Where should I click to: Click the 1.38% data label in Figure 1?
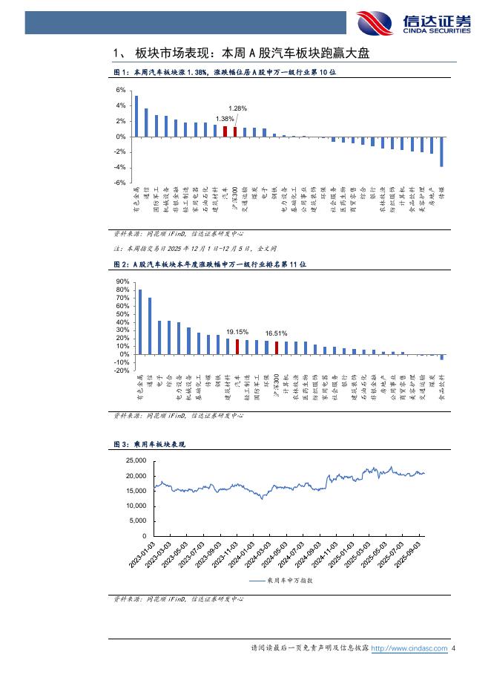pyautogui.click(x=225, y=119)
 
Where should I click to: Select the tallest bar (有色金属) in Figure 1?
pyautogui.click(x=136, y=116)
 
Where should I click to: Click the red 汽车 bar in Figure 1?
pyautogui.click(x=225, y=131)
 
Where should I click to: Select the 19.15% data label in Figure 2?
pyautogui.click(x=237, y=332)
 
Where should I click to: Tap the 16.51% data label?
pyautogui.click(x=276, y=333)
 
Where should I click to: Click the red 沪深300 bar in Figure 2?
pyautogui.click(x=276, y=347)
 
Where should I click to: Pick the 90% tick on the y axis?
pyautogui.click(x=122, y=282)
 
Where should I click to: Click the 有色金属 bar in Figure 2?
pyautogui.click(x=140, y=322)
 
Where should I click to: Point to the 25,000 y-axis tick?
pyautogui.click(x=135, y=461)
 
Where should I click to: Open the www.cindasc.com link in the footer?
pyautogui.click(x=409, y=648)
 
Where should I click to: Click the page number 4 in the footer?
pyautogui.click(x=453, y=648)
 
